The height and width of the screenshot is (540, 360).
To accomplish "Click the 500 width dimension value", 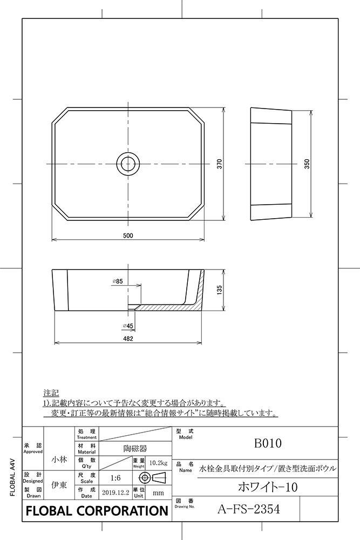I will pos(128,235).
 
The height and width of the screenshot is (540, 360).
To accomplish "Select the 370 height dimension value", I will pos(220,164).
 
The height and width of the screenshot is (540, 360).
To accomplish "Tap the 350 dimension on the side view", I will pos(307,164).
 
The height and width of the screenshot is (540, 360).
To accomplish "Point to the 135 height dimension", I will pos(219,290).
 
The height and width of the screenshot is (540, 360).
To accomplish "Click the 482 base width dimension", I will pos(127,339).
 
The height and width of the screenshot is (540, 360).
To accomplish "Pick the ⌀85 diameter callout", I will pos(118,281).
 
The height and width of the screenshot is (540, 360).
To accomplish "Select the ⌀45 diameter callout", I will pos(128,326).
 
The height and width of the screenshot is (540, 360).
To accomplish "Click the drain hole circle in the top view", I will pos(128,163).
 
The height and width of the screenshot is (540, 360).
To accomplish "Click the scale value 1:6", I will pos(115,478).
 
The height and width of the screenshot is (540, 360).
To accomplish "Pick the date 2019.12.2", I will pos(116,493).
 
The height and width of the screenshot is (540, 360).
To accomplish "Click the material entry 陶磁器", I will pos(132,448).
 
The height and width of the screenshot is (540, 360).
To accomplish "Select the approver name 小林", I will pos(59,459).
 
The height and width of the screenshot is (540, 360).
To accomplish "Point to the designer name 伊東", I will pos(59,484).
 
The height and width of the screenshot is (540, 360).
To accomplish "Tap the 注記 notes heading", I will pos(51,392).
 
